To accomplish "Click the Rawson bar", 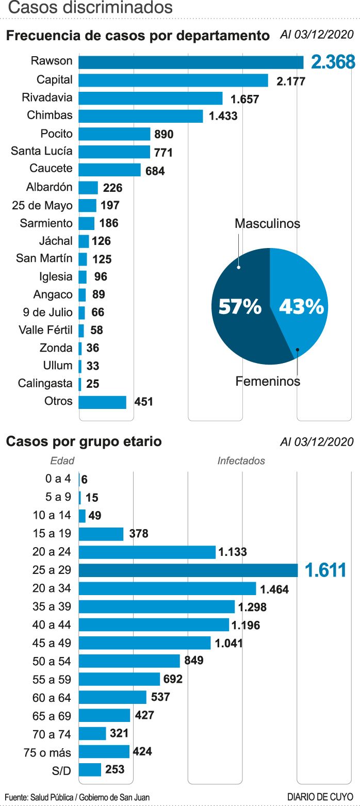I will point(191,62).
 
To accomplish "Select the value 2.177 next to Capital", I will point(291,81).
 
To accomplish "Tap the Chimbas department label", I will point(50,115).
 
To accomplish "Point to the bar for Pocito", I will point(114,134).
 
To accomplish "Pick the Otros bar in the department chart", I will point(102,402).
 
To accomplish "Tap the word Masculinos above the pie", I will point(267,224).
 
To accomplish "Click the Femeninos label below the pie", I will point(268,382).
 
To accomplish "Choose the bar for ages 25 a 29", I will point(188,570).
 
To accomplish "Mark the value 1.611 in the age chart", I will point(325,570).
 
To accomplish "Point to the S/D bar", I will point(90,770).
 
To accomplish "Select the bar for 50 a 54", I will point(129,661).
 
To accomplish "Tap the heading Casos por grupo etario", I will point(84,442).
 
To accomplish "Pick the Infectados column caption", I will point(241,461).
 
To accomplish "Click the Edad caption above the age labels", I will point(62,461).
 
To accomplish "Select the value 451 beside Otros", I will point(143,401).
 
